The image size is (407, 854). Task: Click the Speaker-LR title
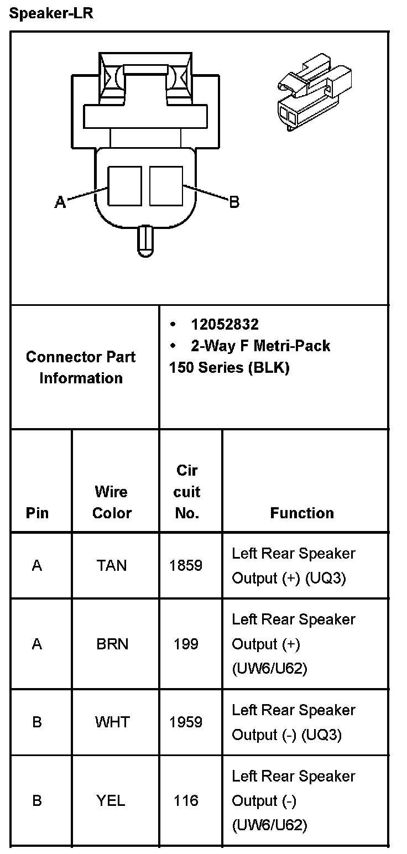coord(51,14)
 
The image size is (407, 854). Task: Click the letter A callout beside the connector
coord(60,203)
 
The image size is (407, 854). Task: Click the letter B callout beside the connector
coord(234,202)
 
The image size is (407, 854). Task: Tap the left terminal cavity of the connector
coord(124,186)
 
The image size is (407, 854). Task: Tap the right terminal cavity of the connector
coord(166,186)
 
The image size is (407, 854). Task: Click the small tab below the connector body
coord(145,241)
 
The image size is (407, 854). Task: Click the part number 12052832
coord(225,324)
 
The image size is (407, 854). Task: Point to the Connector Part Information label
coord(81,367)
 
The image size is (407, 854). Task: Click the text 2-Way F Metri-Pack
coord(260,346)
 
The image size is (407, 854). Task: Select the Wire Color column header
coord(112,502)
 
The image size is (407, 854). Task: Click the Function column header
coord(302,513)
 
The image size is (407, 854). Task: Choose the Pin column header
coord(37,513)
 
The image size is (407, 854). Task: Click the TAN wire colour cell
coord(112,565)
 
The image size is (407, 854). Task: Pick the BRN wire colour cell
coord(112,644)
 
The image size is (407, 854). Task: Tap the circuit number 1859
coord(186,565)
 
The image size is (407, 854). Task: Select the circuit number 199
coord(186,644)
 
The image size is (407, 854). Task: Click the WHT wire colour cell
coord(112,722)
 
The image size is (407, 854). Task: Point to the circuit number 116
coord(186,800)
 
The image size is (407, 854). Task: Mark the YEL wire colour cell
coord(112,800)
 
